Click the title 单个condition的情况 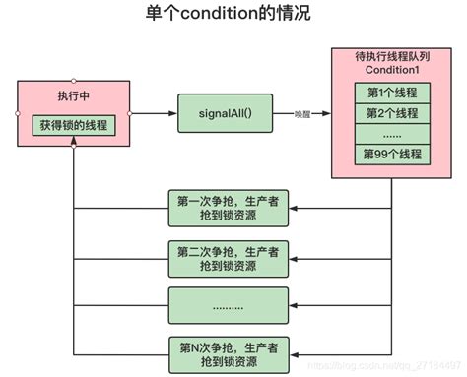click(x=233, y=17)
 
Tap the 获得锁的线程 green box click(x=73, y=125)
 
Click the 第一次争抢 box click(x=233, y=208)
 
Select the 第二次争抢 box click(x=233, y=254)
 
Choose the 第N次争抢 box click(x=233, y=351)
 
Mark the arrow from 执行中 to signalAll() click(x=154, y=113)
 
